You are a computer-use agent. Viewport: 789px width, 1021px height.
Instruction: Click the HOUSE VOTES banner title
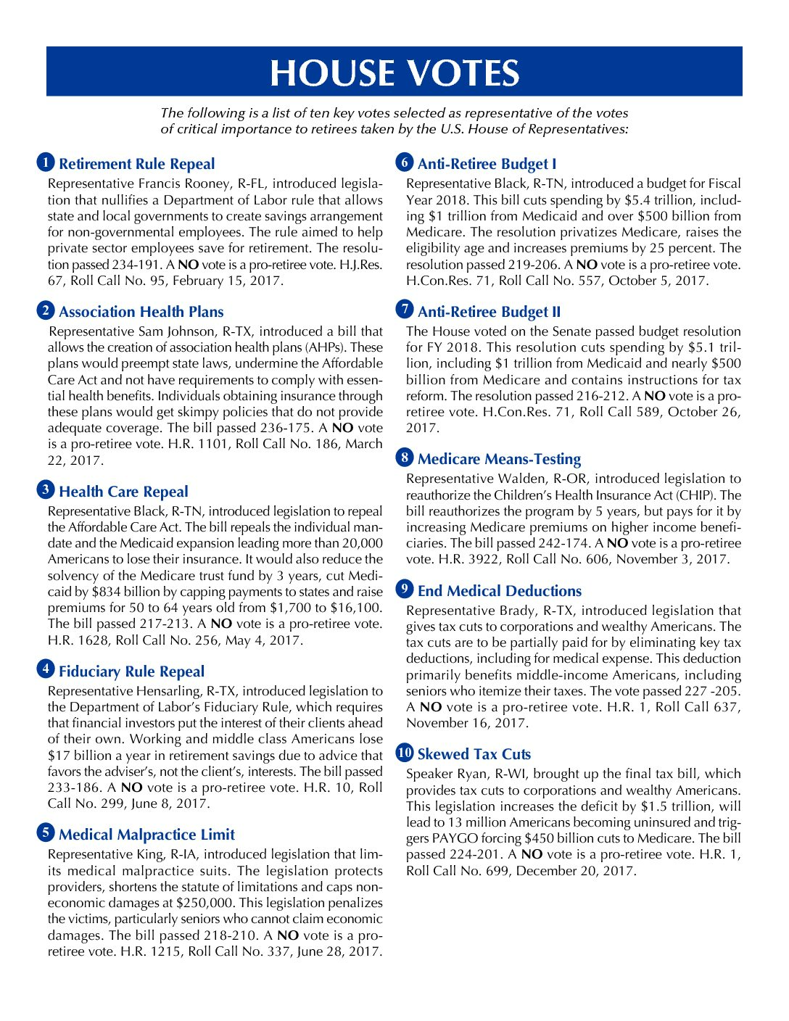pos(394,73)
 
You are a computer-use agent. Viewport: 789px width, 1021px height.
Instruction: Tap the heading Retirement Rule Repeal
pos(136,164)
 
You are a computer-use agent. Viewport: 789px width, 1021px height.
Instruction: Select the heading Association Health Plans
pos(141,312)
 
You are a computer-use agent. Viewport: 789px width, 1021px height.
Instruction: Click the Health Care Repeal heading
pos(123,492)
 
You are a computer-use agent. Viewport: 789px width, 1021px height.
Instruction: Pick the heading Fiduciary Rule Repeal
pos(131,671)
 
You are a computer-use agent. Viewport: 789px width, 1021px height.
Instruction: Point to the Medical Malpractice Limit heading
pos(146,835)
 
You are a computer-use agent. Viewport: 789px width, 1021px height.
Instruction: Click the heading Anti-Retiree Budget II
pos(489,312)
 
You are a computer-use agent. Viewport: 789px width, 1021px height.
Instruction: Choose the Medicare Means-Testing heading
pos(499,459)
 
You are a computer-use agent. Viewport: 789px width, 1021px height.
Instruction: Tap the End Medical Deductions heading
pos(499,591)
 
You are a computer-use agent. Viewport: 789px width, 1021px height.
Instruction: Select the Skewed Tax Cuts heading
pos(474,754)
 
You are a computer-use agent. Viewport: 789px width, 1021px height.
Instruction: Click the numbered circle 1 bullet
pos(45,162)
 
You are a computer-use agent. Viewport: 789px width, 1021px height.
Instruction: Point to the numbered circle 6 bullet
pos(404,162)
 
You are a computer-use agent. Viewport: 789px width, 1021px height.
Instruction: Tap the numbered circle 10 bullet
pos(404,753)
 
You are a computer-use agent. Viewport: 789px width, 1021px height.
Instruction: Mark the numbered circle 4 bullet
pos(45,670)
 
